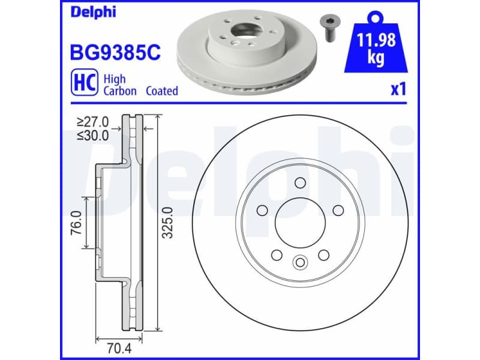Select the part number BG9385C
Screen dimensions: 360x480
click(116, 52)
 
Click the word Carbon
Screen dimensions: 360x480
click(120, 91)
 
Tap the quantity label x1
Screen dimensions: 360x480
click(398, 90)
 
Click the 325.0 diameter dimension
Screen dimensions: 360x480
click(169, 223)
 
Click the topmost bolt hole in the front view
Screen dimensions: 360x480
click(301, 183)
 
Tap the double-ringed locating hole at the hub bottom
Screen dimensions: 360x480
click(300, 262)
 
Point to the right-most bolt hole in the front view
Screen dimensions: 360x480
click(338, 210)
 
